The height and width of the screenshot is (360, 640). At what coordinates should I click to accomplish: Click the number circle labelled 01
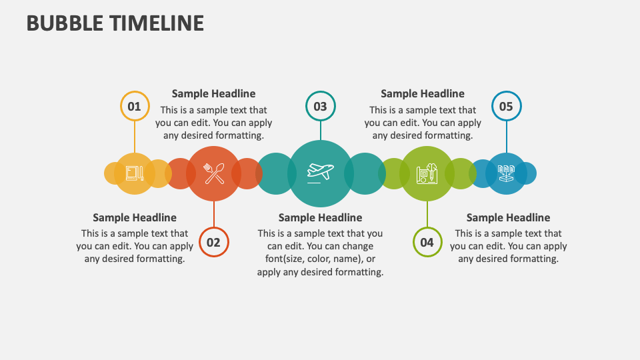[135, 106]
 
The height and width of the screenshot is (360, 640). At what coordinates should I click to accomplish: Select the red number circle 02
[213, 243]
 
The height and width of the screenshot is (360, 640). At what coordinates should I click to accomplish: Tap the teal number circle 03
[320, 106]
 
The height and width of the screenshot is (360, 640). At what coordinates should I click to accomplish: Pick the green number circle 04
[427, 243]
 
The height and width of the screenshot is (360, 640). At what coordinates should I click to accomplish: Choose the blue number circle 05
[506, 106]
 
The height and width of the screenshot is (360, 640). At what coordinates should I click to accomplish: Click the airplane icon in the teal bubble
[320, 173]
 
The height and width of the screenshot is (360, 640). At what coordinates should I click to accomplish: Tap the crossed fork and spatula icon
[213, 173]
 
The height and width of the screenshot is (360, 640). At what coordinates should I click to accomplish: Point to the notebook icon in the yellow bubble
[134, 173]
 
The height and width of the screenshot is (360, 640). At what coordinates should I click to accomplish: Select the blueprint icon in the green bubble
[427, 173]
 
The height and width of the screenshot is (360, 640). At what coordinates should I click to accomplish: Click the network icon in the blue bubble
[506, 173]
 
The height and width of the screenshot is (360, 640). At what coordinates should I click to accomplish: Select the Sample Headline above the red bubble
[213, 94]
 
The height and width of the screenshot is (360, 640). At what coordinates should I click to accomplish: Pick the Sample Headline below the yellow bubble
[135, 217]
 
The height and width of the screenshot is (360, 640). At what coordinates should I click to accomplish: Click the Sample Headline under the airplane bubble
[320, 217]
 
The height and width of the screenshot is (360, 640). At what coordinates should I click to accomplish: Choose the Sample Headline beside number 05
[423, 94]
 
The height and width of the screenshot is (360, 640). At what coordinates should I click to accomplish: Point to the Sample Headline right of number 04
[508, 217]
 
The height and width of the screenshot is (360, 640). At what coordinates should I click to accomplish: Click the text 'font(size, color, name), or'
[320, 259]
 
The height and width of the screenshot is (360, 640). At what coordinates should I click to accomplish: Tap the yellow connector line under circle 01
[135, 137]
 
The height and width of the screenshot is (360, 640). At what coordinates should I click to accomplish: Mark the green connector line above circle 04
[427, 213]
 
